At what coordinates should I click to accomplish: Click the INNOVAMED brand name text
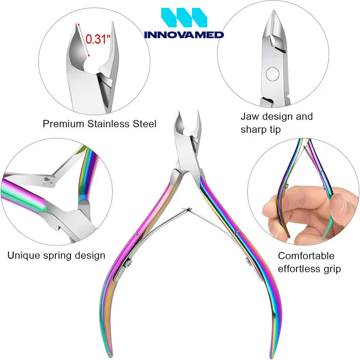184,34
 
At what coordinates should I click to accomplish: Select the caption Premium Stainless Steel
99,124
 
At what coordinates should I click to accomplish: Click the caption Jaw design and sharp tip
276,123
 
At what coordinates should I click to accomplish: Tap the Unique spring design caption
56,256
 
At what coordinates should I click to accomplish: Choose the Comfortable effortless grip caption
309,262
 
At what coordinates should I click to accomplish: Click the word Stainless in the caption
108,124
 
